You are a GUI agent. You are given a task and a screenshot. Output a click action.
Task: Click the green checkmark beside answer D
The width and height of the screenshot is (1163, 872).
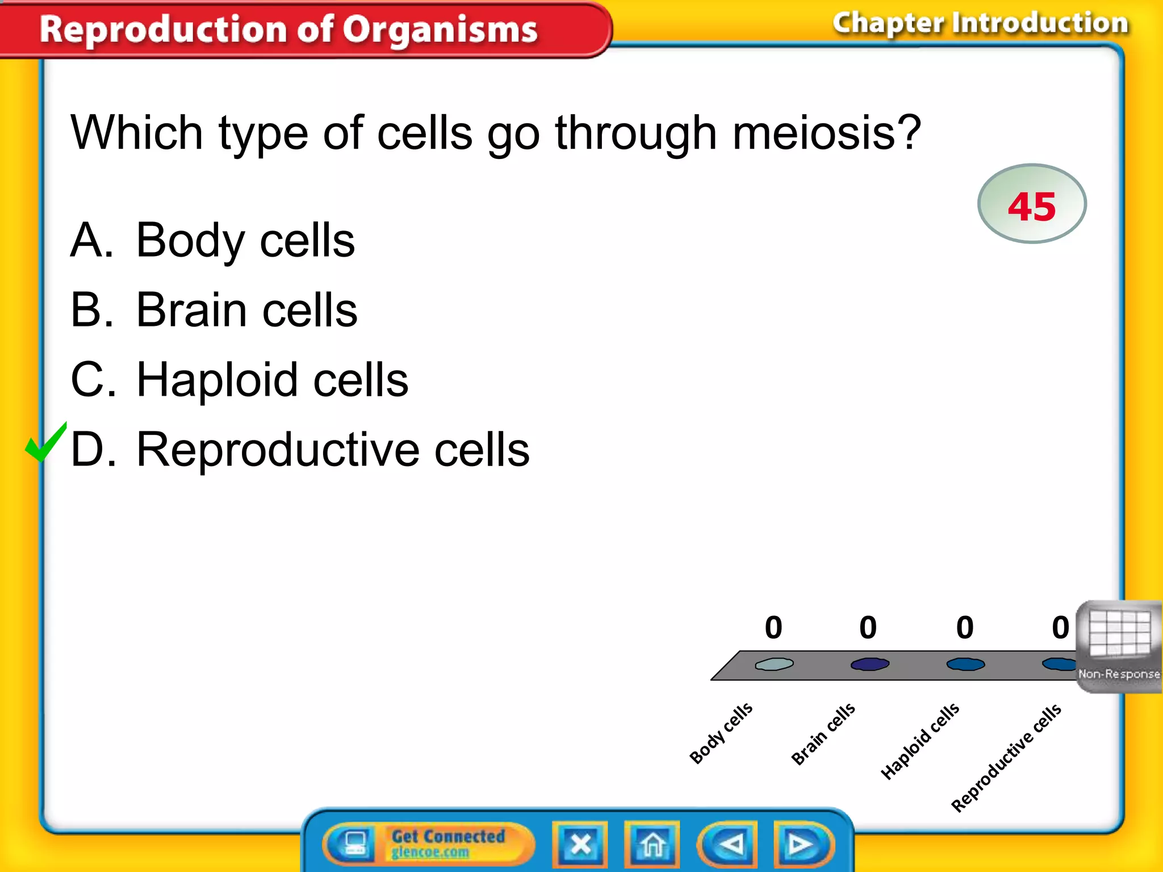[x=45, y=444]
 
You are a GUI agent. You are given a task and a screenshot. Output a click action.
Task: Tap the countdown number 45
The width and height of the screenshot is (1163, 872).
[x=1031, y=206]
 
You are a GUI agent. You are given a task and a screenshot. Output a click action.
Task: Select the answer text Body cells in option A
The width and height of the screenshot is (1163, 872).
[x=245, y=241]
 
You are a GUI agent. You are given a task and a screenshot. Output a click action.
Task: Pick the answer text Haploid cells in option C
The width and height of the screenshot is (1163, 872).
[x=272, y=380]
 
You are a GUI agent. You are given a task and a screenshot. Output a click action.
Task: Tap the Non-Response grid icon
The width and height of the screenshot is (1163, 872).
[x=1119, y=636]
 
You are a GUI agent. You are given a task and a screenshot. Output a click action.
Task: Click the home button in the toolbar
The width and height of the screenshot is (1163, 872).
[x=652, y=844]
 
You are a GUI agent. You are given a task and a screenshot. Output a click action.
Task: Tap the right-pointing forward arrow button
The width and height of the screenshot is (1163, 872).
[x=801, y=844]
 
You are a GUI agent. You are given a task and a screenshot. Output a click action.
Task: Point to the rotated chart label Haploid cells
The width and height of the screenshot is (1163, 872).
[x=919, y=741]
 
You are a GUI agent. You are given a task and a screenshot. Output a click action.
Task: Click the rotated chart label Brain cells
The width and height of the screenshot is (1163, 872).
[x=823, y=734]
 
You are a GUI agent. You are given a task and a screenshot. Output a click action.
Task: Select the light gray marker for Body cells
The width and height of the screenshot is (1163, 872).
[x=774, y=664]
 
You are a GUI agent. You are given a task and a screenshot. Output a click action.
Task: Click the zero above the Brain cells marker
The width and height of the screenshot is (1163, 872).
[x=868, y=627]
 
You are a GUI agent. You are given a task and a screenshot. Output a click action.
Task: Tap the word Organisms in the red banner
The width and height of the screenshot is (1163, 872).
[x=440, y=30]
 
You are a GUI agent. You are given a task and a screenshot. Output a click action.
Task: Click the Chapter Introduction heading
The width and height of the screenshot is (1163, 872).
[x=980, y=24]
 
